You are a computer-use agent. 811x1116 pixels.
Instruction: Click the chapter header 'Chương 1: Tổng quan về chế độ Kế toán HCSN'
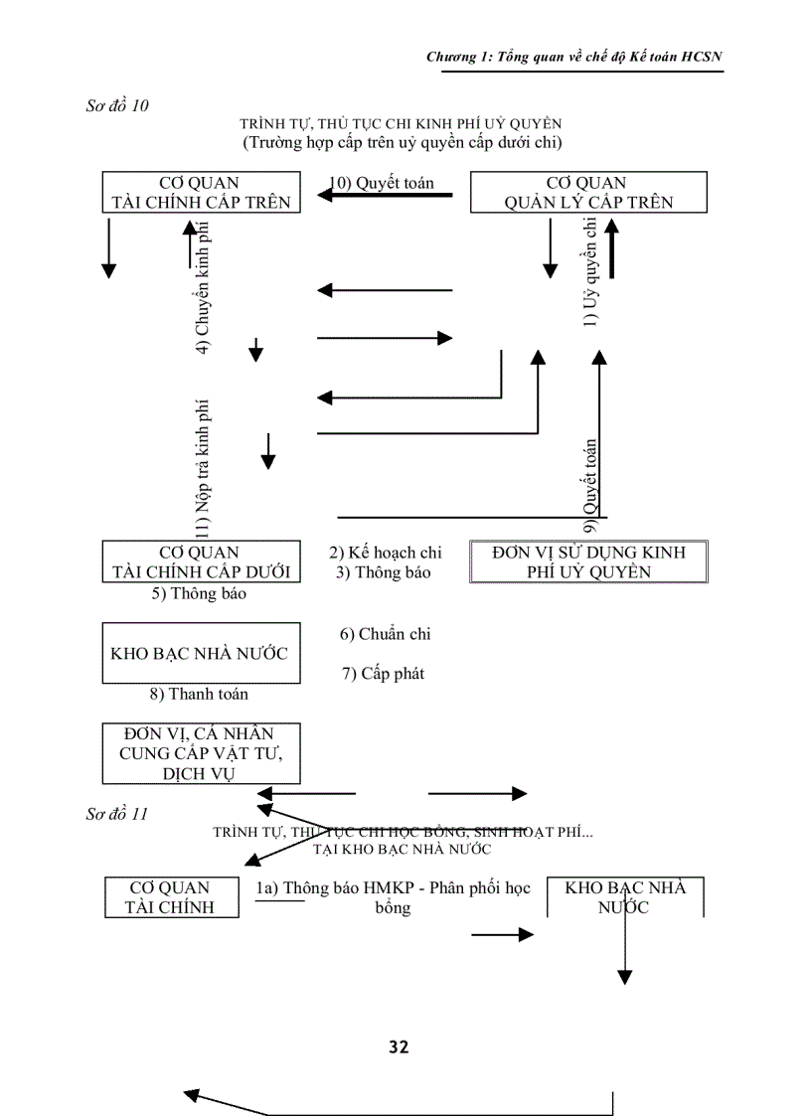(x=573, y=57)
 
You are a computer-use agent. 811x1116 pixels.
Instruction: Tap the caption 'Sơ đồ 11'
(x=117, y=814)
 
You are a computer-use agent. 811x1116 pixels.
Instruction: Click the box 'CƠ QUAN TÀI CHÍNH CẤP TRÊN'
(x=201, y=193)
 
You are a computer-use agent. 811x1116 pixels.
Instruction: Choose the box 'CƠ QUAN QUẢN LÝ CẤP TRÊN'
(x=587, y=193)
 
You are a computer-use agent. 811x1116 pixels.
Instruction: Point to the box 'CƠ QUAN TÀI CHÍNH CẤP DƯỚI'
(x=201, y=561)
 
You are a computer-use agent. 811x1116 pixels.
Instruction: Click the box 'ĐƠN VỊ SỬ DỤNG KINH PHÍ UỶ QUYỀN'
(x=587, y=561)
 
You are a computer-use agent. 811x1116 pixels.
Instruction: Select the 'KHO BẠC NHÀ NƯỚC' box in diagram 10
(x=201, y=653)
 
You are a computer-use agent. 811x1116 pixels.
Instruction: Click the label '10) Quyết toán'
(x=383, y=183)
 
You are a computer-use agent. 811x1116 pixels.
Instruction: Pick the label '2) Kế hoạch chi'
(x=386, y=553)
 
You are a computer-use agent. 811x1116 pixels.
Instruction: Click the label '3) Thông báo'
(x=383, y=572)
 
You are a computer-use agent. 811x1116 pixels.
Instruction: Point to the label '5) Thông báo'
(x=198, y=594)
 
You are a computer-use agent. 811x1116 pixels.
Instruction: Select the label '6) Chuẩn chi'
(x=385, y=634)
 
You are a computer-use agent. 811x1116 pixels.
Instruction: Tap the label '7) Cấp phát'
(x=383, y=674)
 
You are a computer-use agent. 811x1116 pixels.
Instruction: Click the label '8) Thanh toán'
(x=199, y=694)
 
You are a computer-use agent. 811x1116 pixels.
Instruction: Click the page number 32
(x=399, y=1046)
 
